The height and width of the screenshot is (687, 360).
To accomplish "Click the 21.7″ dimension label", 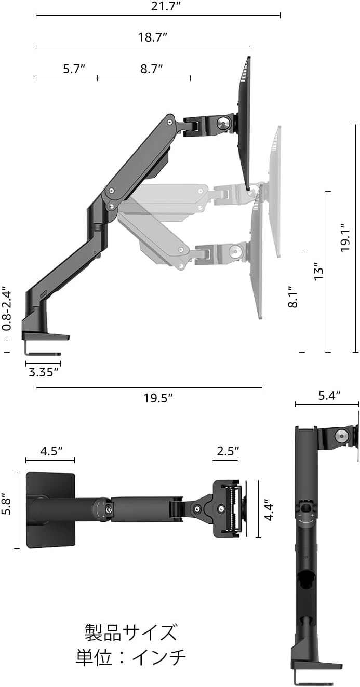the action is pyautogui.click(x=165, y=6).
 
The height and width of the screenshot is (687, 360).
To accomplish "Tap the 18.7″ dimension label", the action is pyautogui.click(x=153, y=37).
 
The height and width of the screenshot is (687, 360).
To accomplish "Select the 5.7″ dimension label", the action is pyautogui.click(x=74, y=69).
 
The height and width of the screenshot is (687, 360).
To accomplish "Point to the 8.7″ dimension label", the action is pyautogui.click(x=152, y=69).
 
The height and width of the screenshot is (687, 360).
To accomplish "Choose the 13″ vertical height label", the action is pyautogui.click(x=318, y=271).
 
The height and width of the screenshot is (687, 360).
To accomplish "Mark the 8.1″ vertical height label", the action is pyautogui.click(x=293, y=297).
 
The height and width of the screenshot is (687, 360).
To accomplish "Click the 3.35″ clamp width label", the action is pyautogui.click(x=43, y=372).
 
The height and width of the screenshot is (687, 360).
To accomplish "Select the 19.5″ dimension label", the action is pyautogui.click(x=158, y=398).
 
